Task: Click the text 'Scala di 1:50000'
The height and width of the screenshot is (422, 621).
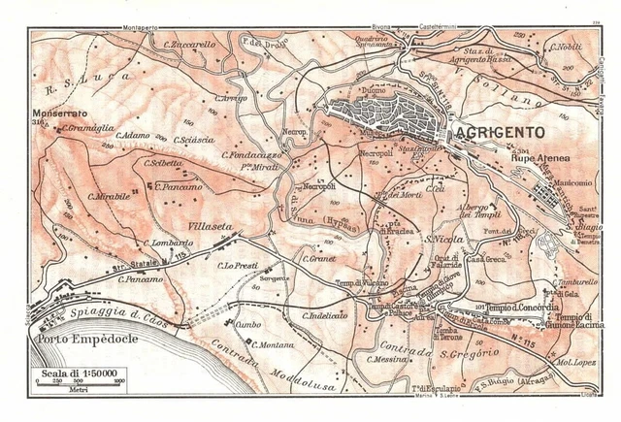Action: (x=78, y=373)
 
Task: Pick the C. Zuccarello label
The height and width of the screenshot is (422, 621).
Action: (x=190, y=46)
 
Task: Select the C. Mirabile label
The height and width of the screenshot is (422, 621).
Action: (x=108, y=196)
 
